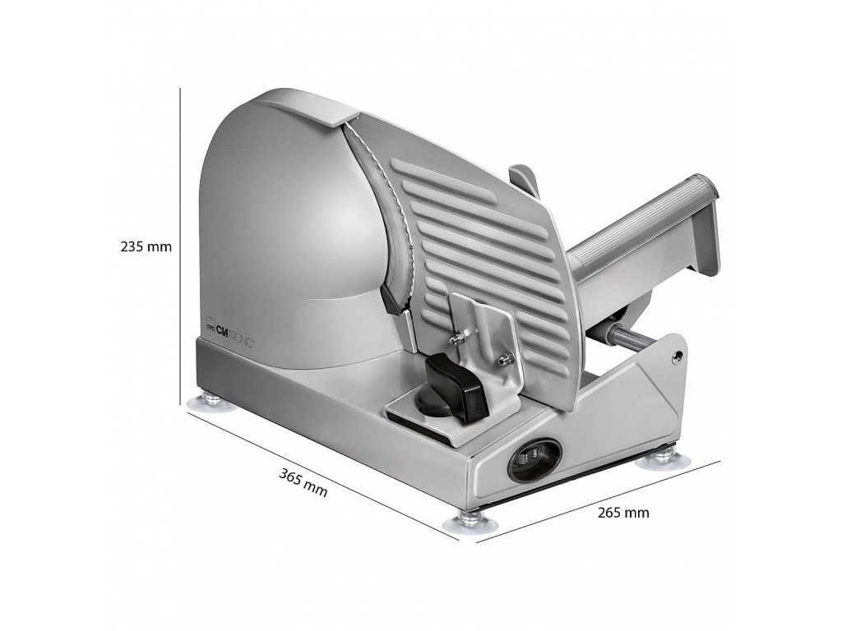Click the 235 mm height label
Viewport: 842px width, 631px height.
coord(146,247)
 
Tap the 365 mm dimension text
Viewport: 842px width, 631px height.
coord(303,481)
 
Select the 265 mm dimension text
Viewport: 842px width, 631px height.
coord(623,513)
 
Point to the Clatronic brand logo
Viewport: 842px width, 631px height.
coord(230,334)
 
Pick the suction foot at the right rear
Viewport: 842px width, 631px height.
coord(664,459)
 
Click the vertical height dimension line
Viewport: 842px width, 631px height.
coord(180,246)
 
